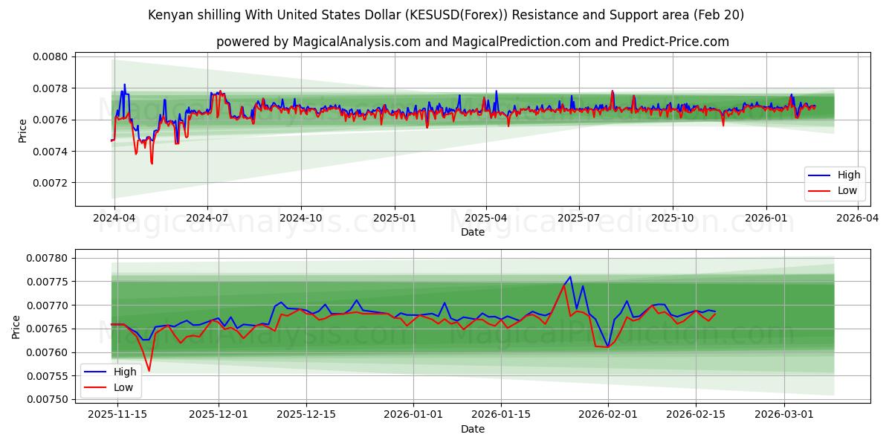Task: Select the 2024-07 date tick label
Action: (x=207, y=219)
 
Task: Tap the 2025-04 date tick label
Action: (x=486, y=219)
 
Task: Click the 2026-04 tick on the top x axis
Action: (x=858, y=219)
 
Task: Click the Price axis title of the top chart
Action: (x=22, y=131)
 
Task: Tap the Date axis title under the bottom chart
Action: (x=473, y=429)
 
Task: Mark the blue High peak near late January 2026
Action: (x=570, y=277)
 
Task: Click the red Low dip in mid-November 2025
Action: (x=149, y=371)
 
